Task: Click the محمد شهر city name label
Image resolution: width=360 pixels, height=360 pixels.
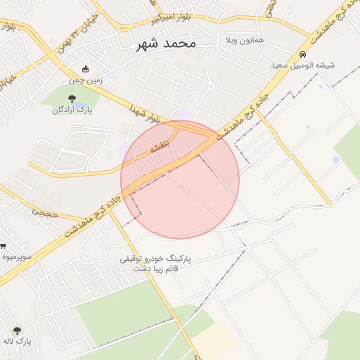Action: coord(166,44)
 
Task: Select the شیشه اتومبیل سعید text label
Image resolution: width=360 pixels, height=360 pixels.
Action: coord(303,65)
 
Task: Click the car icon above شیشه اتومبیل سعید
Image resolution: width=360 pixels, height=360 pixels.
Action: coord(302,54)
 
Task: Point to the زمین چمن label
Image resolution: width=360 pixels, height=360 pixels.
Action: coord(86,80)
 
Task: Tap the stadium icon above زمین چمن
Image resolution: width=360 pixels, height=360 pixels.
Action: coord(86,70)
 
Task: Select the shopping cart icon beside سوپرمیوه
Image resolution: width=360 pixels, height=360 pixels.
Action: coord(3,246)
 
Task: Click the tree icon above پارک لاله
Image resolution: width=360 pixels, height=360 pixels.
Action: coord(17,330)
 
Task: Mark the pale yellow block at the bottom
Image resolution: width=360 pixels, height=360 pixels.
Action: coord(214,340)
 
